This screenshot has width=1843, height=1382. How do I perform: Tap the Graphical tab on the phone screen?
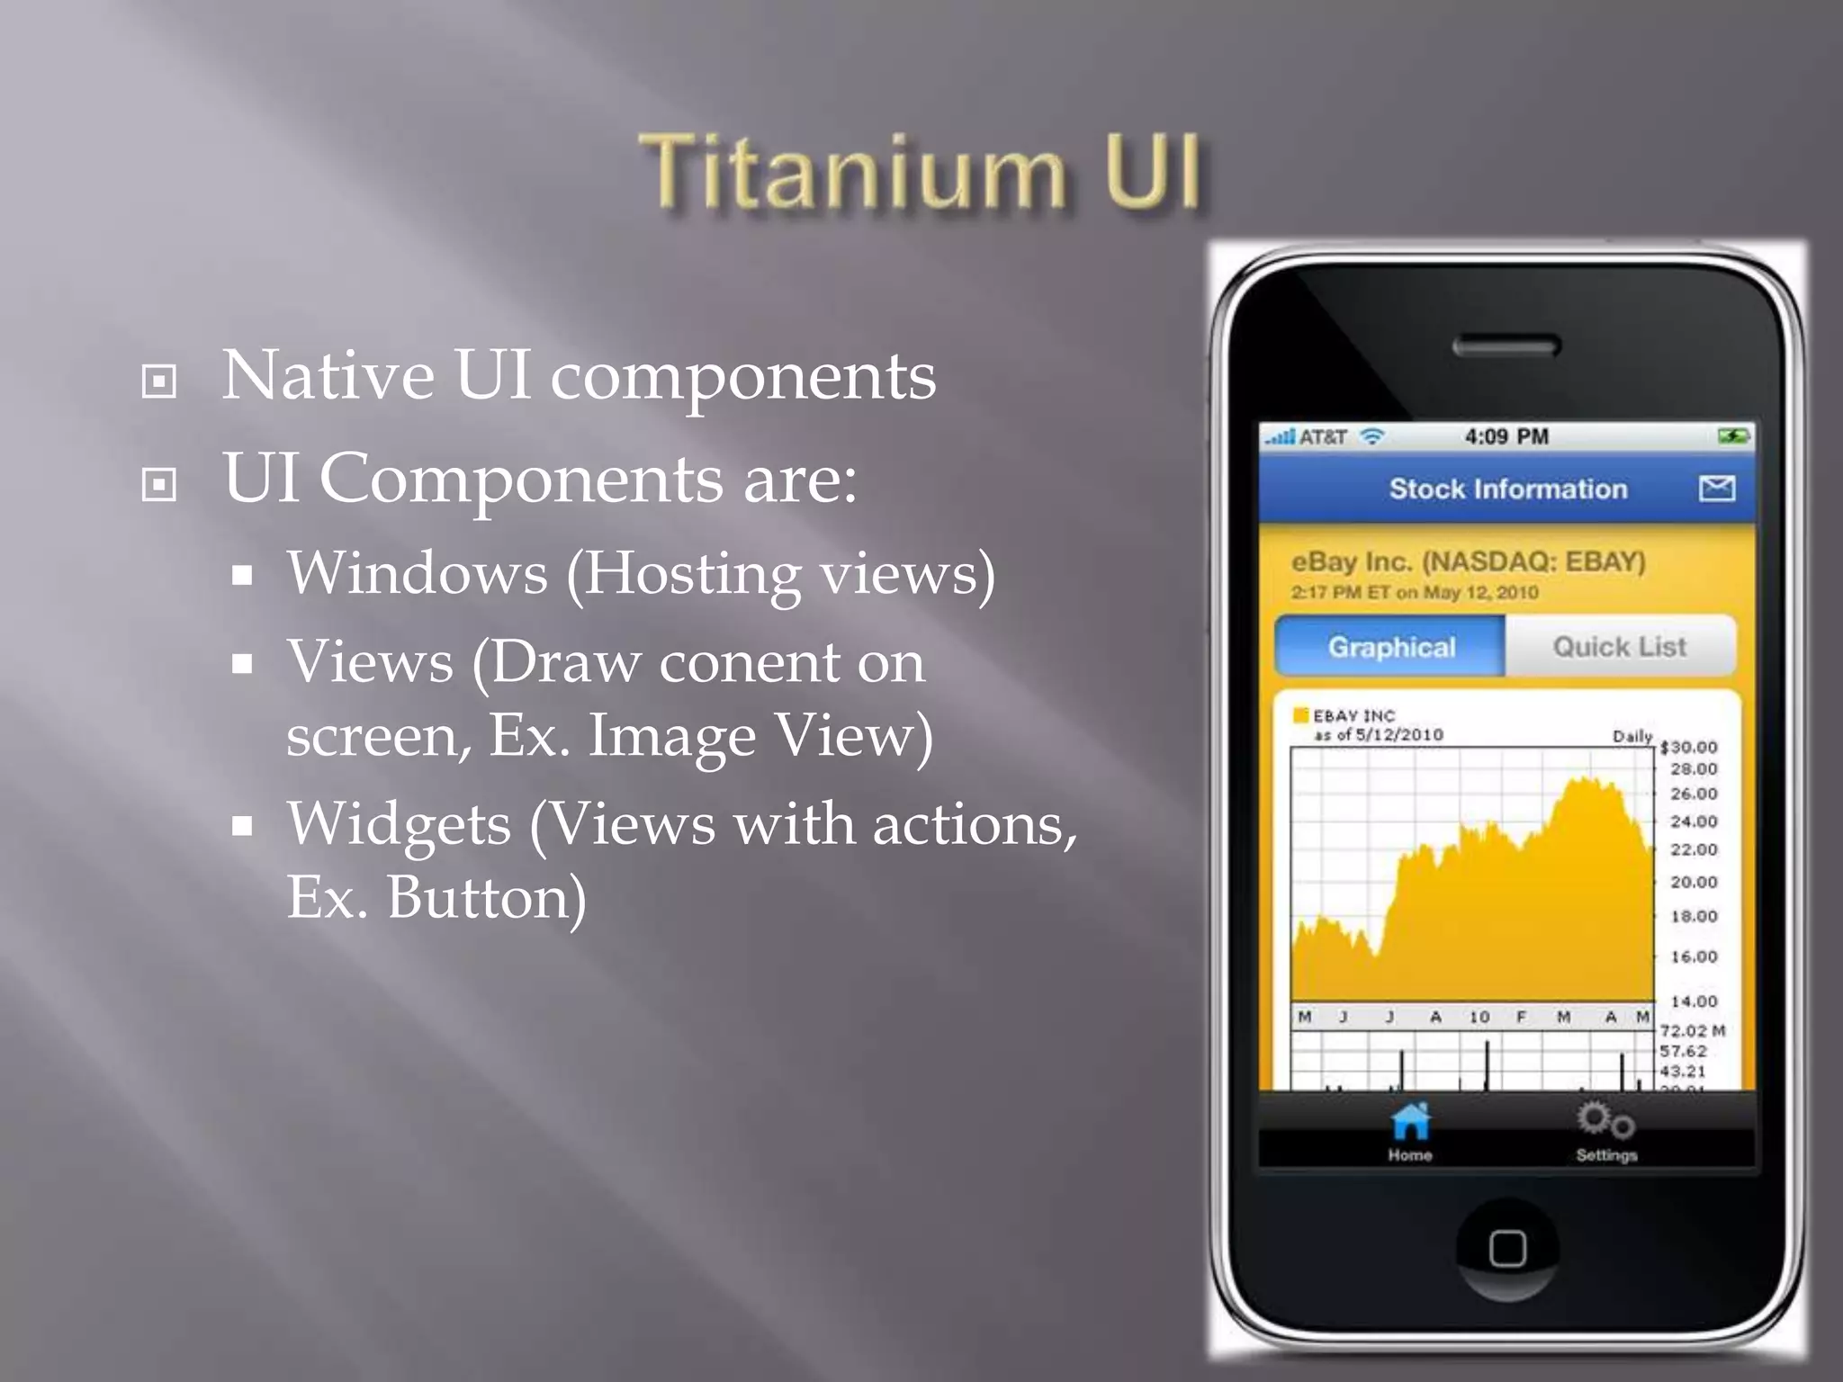point(1391,647)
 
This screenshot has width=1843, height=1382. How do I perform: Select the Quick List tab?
point(1619,647)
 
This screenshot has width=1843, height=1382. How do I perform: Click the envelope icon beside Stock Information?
point(1717,489)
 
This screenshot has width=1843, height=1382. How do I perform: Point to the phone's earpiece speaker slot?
point(1506,345)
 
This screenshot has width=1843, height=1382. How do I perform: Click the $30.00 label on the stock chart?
point(1688,747)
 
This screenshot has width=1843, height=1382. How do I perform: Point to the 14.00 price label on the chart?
point(1694,1001)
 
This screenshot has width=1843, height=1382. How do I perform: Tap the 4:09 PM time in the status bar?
point(1506,437)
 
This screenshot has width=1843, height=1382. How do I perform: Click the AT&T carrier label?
point(1323,437)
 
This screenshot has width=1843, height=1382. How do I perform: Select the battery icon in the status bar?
point(1733,436)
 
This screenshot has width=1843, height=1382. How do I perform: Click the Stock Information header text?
point(1508,489)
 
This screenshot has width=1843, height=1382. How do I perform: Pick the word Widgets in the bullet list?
point(399,824)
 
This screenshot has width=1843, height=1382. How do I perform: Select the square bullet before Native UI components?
point(159,381)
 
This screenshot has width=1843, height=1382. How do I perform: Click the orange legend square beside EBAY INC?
point(1300,715)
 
